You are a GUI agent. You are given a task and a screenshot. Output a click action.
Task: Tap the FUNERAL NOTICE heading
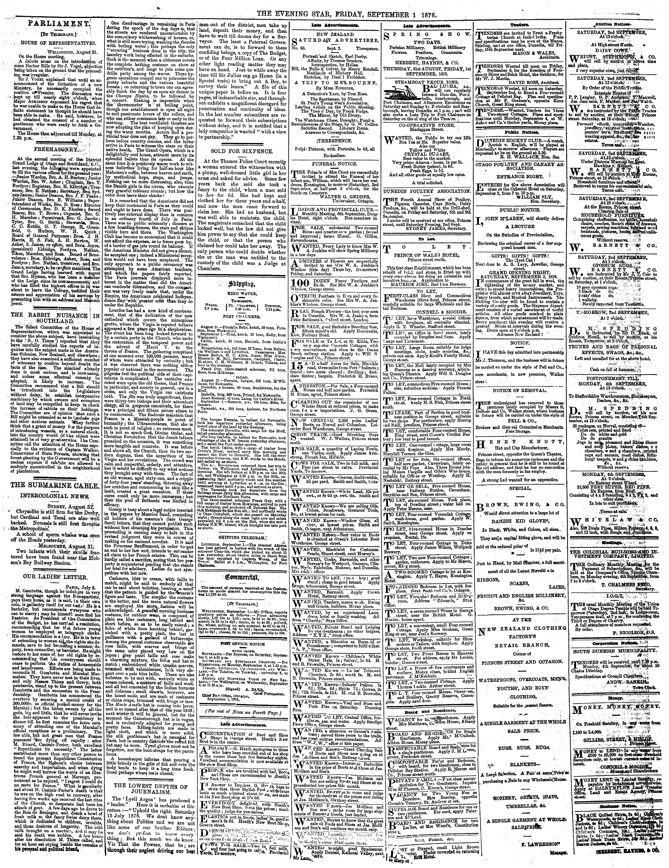pos(335,152)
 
